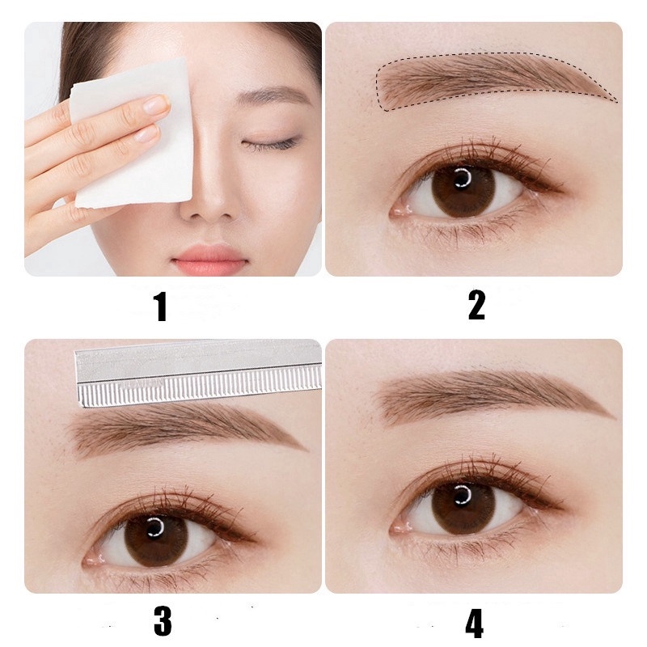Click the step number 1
pos(161,307)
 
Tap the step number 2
pos(476,306)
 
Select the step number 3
pos(163,621)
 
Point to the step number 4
pos(475,624)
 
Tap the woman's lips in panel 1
pos(210,259)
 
